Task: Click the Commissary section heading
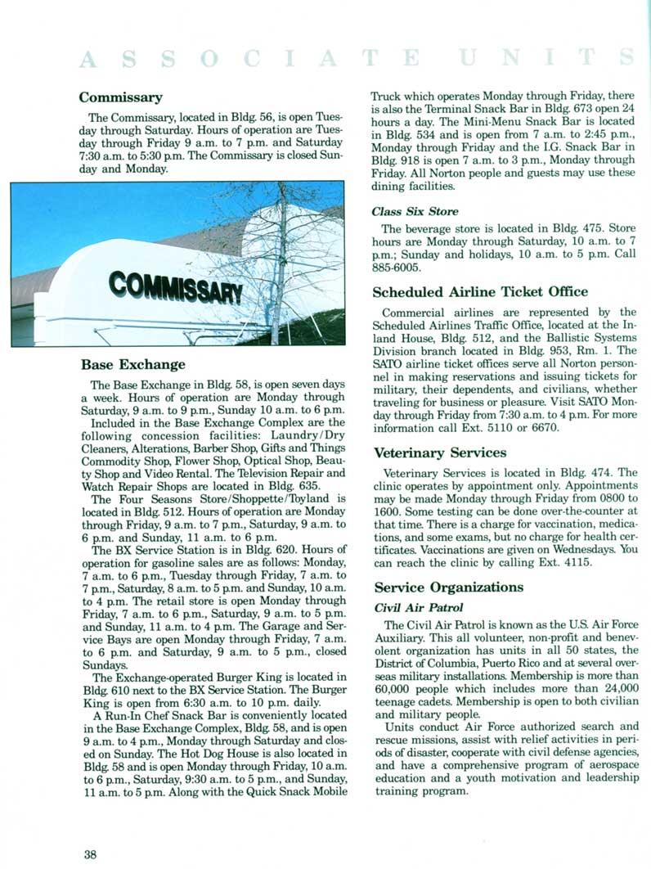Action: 120,98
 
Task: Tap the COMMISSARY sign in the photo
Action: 175,288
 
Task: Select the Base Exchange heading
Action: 133,364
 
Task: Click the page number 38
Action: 90,854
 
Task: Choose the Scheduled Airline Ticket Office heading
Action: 480,291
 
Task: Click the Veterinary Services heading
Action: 440,453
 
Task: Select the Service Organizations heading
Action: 448,588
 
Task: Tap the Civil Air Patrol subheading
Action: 419,608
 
